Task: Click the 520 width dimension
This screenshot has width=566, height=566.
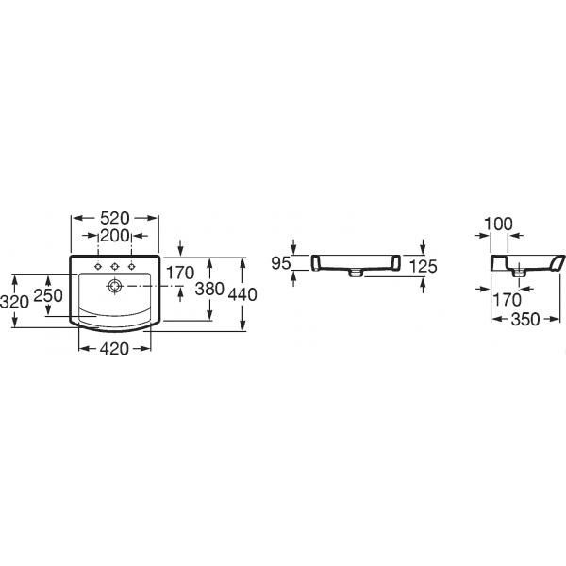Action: (114, 218)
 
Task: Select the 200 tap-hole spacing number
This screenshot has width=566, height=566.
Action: (114, 236)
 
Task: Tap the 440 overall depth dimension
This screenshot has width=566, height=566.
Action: (242, 294)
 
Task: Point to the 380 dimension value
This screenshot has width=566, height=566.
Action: (209, 289)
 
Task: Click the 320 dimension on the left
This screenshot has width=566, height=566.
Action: (14, 302)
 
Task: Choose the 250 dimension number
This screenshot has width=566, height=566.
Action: (48, 295)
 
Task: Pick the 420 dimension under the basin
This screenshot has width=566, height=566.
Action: (114, 349)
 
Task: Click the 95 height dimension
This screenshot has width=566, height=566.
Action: (281, 263)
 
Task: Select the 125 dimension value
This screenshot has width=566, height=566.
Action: (424, 267)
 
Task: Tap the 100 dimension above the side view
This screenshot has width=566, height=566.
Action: (498, 225)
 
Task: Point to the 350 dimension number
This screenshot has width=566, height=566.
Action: (525, 319)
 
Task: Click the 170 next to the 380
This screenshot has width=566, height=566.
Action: (180, 273)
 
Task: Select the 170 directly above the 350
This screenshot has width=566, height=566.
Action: (508, 300)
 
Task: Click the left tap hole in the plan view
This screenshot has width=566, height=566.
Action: (98, 267)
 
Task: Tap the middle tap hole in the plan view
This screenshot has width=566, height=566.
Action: (115, 267)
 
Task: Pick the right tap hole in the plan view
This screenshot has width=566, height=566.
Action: (132, 267)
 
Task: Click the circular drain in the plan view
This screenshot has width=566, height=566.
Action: (115, 286)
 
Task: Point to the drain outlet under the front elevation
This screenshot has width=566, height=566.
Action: (356, 274)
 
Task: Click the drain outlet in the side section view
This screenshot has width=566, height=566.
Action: (519, 274)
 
